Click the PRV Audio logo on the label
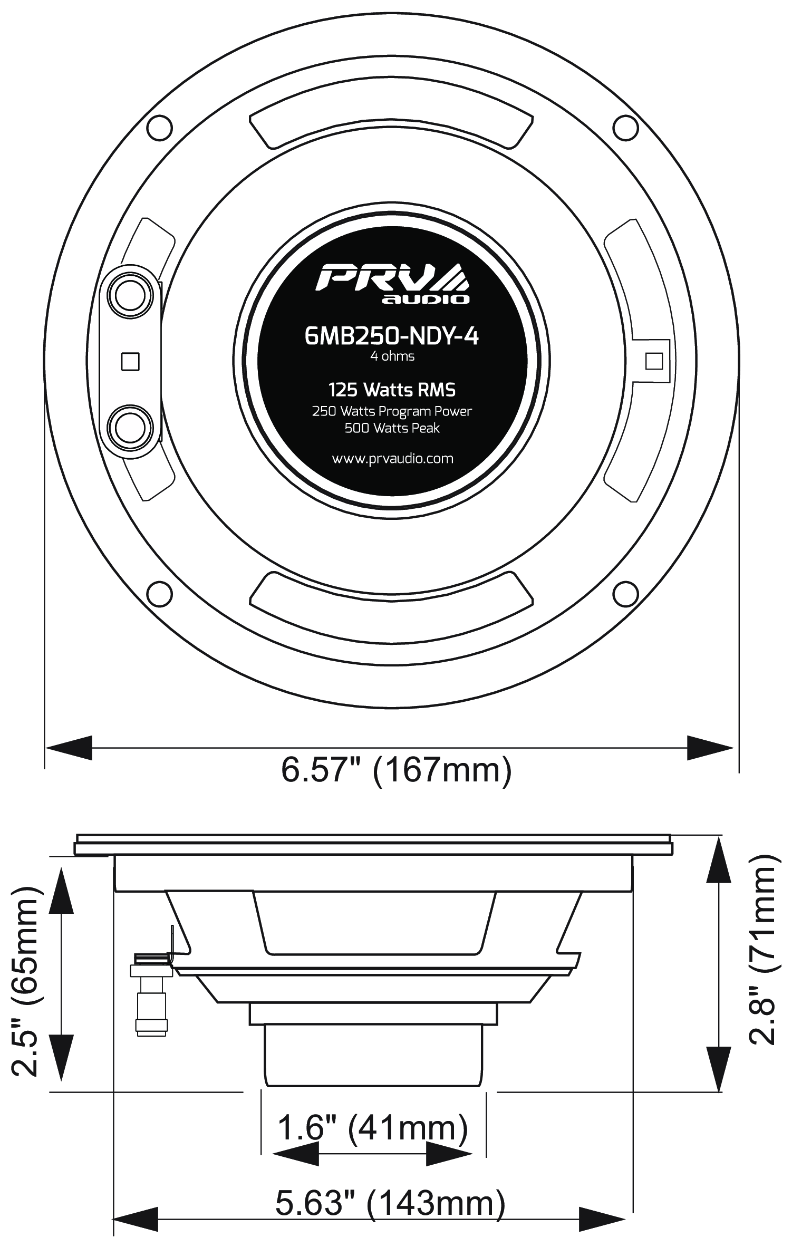pyautogui.click(x=392, y=284)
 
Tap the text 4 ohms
pyautogui.click(x=392, y=356)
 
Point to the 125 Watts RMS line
pyautogui.click(x=392, y=390)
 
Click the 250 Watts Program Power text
pyautogui.click(x=392, y=411)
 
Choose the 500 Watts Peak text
pyautogui.click(x=392, y=428)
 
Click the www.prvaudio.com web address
pyautogui.click(x=392, y=458)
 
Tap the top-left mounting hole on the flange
pyautogui.click(x=159, y=127)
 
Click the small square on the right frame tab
pyautogui.click(x=654, y=361)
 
